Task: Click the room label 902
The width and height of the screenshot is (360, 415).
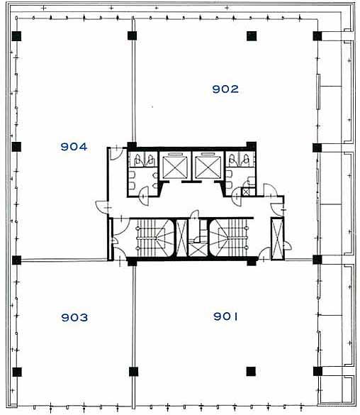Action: [x=225, y=89]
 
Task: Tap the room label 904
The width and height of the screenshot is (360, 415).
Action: [x=74, y=147]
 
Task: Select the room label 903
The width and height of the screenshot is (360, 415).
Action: [x=74, y=317]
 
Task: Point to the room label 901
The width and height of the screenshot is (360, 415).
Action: [x=225, y=316]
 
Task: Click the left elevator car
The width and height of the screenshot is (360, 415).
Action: [x=175, y=167]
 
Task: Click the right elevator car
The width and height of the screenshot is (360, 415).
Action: [x=208, y=167]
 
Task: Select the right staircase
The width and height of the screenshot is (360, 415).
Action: [x=229, y=238]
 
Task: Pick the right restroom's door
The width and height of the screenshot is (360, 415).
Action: [x=236, y=196]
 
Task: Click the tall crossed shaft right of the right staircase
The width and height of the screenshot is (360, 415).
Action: [x=277, y=238]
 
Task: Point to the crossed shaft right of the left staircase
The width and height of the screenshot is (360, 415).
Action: [x=181, y=238]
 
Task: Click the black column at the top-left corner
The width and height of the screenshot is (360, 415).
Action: [x=16, y=36]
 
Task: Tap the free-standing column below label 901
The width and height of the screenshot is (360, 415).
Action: [x=251, y=371]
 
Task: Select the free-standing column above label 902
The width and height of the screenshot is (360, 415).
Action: [x=252, y=36]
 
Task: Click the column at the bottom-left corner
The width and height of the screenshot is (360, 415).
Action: [x=17, y=372]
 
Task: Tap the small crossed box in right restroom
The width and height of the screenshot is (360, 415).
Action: [x=246, y=192]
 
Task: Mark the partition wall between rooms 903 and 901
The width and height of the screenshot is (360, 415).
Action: [x=133, y=336]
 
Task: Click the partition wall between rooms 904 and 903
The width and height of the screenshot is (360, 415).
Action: [x=64, y=260]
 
